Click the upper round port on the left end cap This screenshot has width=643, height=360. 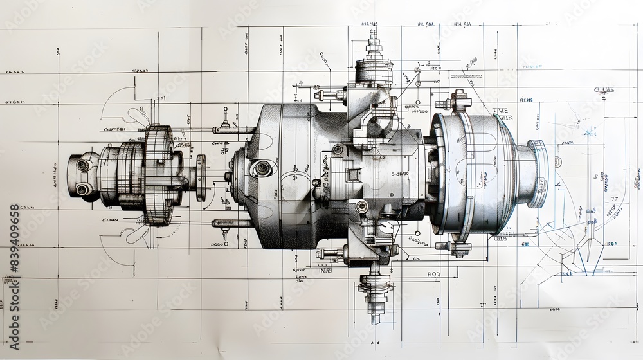pos(82,165)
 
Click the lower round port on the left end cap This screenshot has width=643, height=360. pos(82,189)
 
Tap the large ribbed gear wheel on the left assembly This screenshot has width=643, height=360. pos(157,175)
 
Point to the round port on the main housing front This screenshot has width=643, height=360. pos(261,168)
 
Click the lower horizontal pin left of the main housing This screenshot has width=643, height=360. pos(233,224)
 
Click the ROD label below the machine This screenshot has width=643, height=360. pos(436,274)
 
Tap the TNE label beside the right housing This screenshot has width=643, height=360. pos(500,111)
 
